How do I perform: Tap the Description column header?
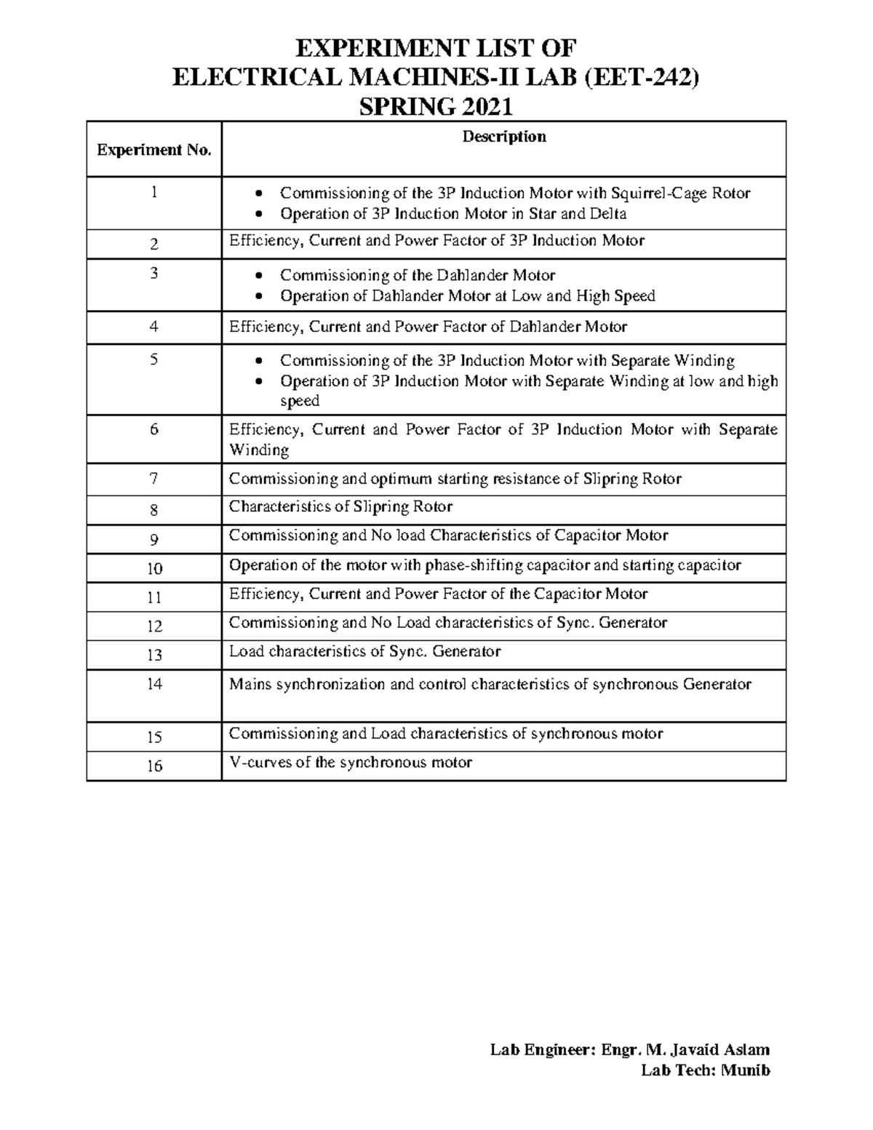(504, 137)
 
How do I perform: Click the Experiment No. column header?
(154, 150)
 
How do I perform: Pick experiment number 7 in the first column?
(154, 479)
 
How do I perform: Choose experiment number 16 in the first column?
(154, 765)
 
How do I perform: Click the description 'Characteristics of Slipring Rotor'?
(340, 506)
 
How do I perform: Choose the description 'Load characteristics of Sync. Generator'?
(364, 651)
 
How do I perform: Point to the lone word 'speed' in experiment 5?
(300, 401)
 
